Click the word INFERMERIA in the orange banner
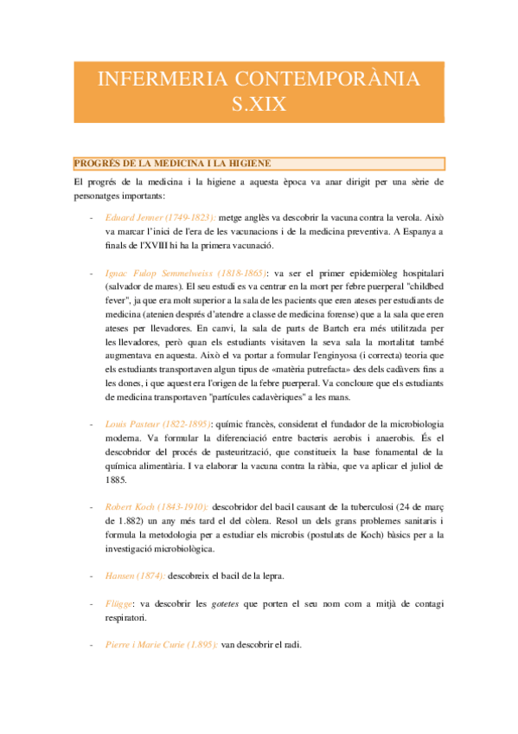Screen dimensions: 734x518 (152, 80)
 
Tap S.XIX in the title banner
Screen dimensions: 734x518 (259, 106)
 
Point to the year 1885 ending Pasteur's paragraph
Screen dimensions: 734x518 (116, 479)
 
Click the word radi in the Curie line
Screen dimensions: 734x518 (291, 644)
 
